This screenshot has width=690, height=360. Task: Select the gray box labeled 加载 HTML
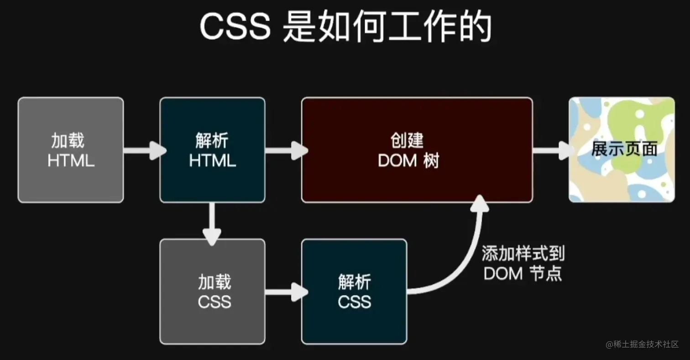[71, 150]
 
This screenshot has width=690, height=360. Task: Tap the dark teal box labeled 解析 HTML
[212, 150]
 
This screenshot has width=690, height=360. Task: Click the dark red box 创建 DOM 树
[417, 150]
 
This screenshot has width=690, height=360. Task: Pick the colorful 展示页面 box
[622, 150]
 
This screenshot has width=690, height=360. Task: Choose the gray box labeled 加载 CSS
[212, 291]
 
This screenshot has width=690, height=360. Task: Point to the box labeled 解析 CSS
[354, 291]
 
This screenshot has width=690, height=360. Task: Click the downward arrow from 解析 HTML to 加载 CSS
[212, 224]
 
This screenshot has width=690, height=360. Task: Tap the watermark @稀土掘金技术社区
[642, 344]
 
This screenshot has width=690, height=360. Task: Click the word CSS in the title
[235, 27]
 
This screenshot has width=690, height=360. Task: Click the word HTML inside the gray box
[71, 161]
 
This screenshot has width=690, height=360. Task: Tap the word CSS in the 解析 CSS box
[354, 302]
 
